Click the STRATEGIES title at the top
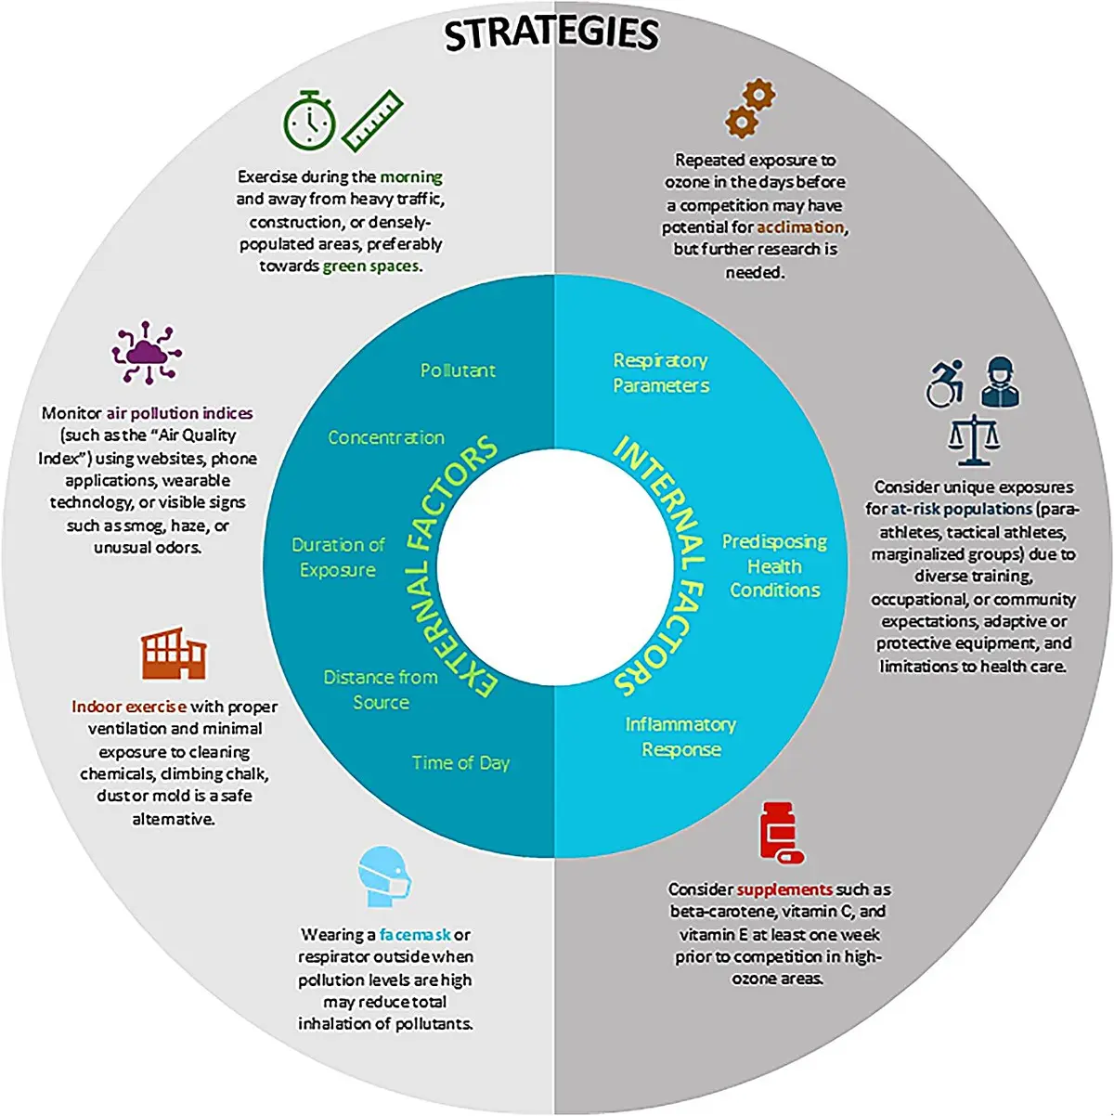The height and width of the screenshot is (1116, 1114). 551,33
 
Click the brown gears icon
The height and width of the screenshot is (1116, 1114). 750,110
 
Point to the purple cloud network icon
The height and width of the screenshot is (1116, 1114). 147,353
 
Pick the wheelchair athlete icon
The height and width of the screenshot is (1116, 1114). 945,383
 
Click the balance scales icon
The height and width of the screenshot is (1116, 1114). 974,439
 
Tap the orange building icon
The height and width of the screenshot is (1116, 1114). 174,653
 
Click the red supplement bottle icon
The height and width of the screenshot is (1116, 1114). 782,833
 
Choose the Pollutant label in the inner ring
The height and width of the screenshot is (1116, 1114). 458,370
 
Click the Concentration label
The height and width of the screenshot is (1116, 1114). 386,437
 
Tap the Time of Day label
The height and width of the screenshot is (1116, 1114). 460,763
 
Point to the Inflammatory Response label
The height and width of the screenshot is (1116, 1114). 680,736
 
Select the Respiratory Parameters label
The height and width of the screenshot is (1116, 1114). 661,373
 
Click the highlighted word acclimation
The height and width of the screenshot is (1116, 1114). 800,227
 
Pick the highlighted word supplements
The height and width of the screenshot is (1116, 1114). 784,889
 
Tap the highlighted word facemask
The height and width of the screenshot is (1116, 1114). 415,934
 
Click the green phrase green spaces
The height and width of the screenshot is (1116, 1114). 370,266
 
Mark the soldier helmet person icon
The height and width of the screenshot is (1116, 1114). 1001,383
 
